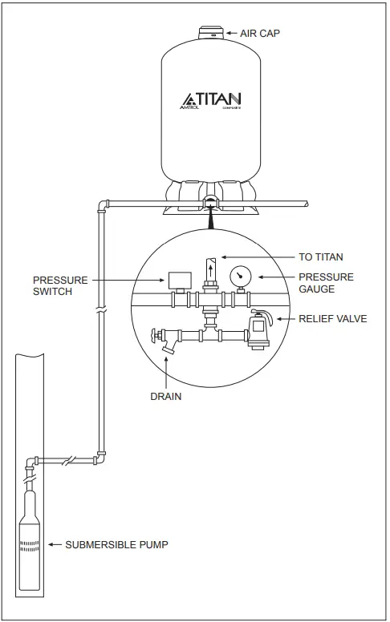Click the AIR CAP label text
pyautogui.click(x=262, y=34)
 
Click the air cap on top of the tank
pyautogui.click(x=211, y=31)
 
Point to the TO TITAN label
pyautogui.click(x=321, y=257)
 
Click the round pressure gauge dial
pyautogui.click(x=240, y=277)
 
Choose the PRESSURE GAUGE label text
pyautogui.click(x=326, y=283)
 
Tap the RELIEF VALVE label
pyautogui.click(x=332, y=319)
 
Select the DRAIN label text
pyautogui.click(x=165, y=397)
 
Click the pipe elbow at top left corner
pyautogui.click(x=102, y=205)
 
